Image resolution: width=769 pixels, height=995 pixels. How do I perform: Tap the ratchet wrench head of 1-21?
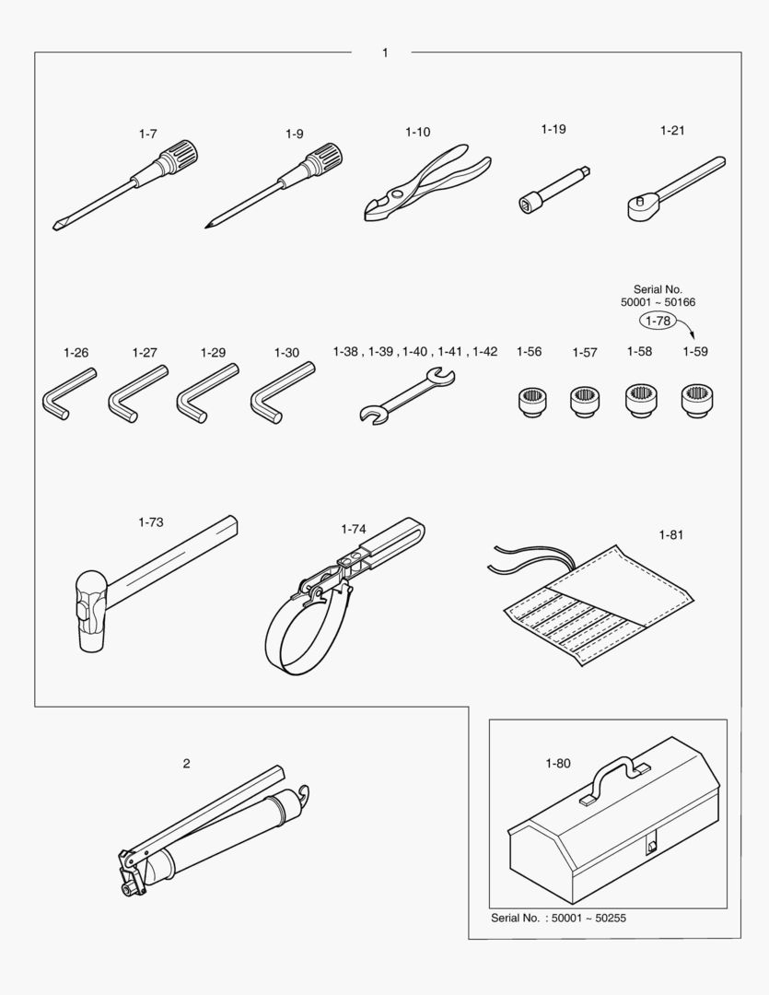click(x=639, y=208)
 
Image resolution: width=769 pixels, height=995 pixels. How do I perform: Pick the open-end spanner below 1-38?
click(x=407, y=396)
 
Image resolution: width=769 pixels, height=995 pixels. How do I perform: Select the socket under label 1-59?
click(x=696, y=401)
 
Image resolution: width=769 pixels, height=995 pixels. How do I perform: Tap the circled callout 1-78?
click(x=658, y=321)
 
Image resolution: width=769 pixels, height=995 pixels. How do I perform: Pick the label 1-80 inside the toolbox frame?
click(x=558, y=764)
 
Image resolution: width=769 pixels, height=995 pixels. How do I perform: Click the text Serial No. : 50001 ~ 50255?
click(x=558, y=918)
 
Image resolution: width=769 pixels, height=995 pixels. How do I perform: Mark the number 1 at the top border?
click(x=385, y=53)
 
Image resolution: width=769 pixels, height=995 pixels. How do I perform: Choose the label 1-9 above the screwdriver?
click(x=295, y=134)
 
